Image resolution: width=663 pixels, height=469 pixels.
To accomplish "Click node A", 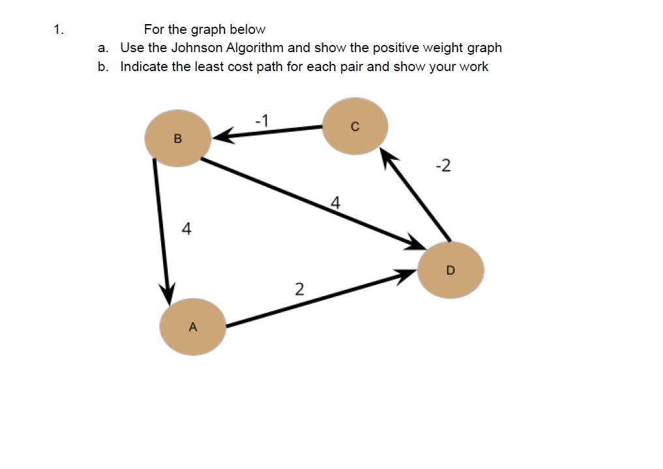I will [x=193, y=327].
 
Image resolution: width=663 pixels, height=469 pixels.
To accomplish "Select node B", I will [x=177, y=138].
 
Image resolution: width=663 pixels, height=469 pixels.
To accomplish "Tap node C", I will [x=355, y=127].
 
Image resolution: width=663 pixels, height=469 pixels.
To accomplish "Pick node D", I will [x=450, y=269].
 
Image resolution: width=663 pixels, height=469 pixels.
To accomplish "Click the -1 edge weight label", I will [x=262, y=120].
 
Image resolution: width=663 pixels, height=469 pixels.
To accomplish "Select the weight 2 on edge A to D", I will [x=299, y=288].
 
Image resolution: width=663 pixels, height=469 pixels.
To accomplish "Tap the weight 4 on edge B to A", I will [x=187, y=229].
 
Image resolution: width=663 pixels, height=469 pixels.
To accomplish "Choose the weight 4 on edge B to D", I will [x=335, y=202].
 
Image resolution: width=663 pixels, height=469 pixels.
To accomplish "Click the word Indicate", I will [x=144, y=67].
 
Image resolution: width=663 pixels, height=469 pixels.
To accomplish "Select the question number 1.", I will [x=59, y=29].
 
